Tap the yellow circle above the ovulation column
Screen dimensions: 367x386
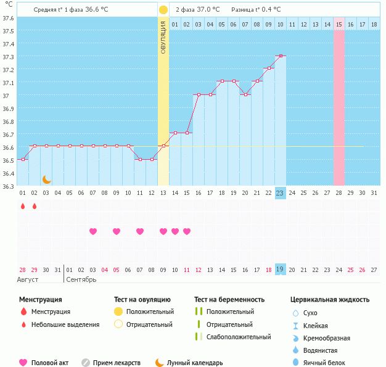pyautogui.click(x=163, y=10)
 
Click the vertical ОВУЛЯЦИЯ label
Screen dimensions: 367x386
pyautogui.click(x=163, y=38)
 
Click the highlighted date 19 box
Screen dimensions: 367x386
pyautogui.click(x=280, y=270)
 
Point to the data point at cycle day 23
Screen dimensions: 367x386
pyautogui.click(x=281, y=56)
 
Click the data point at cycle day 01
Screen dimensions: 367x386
pyautogui.click(x=22, y=160)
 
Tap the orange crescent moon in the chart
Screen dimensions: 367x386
pyautogui.click(x=46, y=179)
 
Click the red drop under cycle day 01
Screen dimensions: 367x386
pyautogui.click(x=22, y=206)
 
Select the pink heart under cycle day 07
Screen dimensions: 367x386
pyautogui.click(x=93, y=231)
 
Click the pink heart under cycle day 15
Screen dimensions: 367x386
pyautogui.click(x=187, y=231)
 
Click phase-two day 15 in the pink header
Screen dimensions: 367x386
pyautogui.click(x=339, y=24)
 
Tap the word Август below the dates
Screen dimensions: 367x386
pyautogui.click(x=28, y=279)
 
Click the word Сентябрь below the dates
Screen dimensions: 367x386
pyautogui.click(x=81, y=279)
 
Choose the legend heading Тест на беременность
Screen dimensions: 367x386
pyautogui.click(x=229, y=300)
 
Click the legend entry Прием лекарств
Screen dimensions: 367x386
pyautogui.click(x=117, y=363)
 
